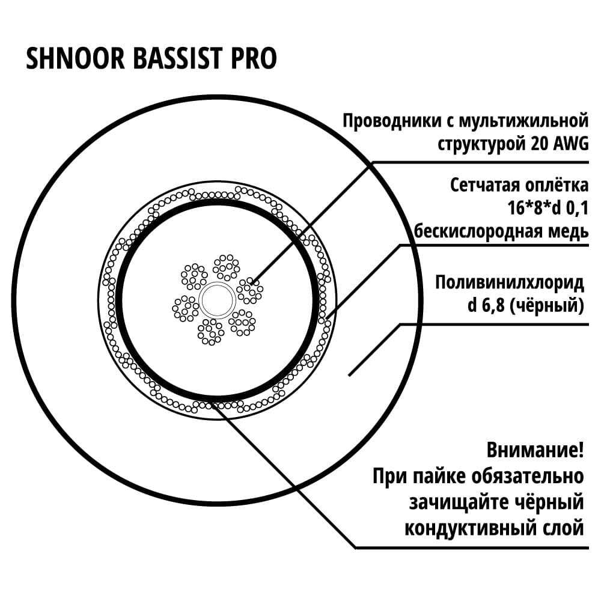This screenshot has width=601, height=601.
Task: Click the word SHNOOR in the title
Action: click(x=76, y=58)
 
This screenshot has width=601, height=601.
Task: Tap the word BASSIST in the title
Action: click(x=177, y=58)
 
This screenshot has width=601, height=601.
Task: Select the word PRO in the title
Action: click(x=254, y=58)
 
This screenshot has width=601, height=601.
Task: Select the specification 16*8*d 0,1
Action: click(x=548, y=209)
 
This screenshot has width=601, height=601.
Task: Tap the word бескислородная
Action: click(x=474, y=231)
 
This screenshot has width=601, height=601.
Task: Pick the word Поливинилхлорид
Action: click(x=510, y=283)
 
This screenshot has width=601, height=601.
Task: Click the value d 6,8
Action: click(x=486, y=306)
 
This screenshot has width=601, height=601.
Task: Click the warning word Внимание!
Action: click(x=535, y=450)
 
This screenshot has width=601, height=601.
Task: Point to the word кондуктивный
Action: click(x=471, y=528)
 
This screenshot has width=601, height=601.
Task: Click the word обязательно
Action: click(x=528, y=476)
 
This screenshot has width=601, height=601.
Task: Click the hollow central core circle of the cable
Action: click(x=218, y=300)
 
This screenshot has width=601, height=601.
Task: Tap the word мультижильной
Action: click(x=523, y=121)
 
